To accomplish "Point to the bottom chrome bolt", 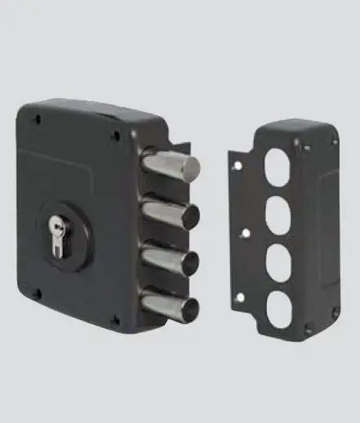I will click(170, 306).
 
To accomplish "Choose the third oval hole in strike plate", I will click(279, 265).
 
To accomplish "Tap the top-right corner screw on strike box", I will click(333, 141).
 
